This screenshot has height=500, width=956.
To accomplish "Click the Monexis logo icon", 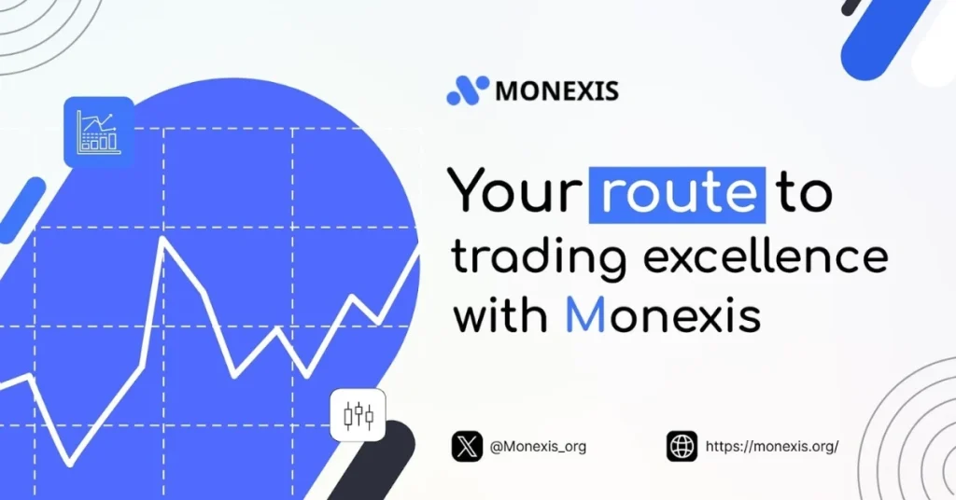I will tap(468, 90).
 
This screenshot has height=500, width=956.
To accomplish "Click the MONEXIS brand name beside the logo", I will tap(556, 91).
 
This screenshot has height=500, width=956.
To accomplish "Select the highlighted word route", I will tap(677, 193).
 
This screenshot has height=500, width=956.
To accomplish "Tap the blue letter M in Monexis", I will tap(586, 315).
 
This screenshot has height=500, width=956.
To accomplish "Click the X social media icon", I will tap(467, 446).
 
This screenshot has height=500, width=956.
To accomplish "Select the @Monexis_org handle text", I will tap(538, 447).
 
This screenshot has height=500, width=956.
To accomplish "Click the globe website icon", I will tap(682, 446).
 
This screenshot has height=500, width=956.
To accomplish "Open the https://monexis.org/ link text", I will tap(772, 446).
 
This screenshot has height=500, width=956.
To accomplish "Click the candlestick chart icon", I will tap(358, 415).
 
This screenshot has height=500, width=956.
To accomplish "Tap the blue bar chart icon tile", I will tap(98, 132).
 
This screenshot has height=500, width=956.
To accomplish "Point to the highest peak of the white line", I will tap(164, 239).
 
